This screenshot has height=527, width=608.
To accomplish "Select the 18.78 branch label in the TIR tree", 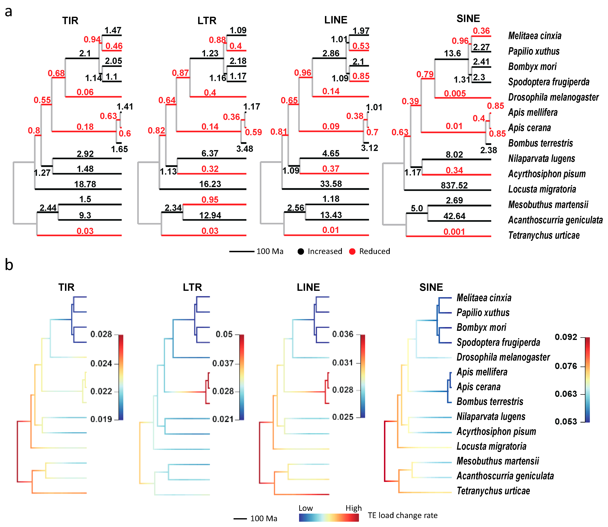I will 85,184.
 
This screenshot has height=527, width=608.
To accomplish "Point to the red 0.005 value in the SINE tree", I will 455,94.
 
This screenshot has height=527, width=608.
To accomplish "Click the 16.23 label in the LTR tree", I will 210,184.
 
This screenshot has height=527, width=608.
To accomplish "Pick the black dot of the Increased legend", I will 300,252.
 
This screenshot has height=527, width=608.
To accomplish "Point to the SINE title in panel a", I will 468,18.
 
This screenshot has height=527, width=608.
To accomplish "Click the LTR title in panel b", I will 192,287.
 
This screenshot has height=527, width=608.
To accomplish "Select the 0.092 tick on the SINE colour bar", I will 566,337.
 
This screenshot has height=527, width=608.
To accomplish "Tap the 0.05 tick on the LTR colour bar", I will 224,334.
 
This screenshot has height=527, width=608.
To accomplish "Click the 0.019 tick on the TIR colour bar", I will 101,419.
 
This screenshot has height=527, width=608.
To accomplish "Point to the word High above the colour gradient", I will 353,508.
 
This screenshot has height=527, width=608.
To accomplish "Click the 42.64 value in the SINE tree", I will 454,216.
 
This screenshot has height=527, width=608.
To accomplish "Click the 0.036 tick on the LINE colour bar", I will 343,334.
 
